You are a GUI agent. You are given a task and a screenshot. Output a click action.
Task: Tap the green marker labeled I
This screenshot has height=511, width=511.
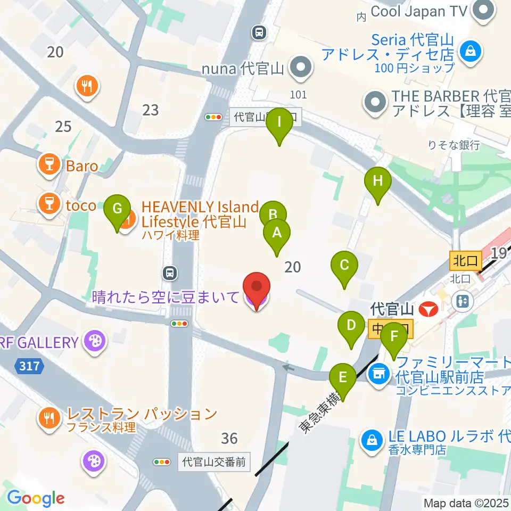click(280, 123)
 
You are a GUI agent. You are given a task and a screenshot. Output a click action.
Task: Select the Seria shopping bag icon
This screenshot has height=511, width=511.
click(471, 51)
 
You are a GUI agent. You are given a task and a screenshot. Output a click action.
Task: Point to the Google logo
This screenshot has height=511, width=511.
click(36, 498)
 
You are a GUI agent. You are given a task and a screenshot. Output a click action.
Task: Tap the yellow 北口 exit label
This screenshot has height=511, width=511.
click(465, 261)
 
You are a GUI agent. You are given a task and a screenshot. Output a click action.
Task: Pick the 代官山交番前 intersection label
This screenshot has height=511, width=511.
click(214, 462)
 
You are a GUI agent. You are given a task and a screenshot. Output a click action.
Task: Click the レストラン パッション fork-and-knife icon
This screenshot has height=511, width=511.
click(51, 417)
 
